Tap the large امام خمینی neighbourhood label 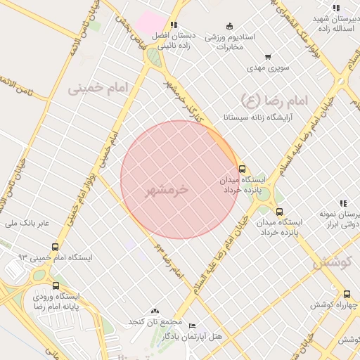coord(101,88)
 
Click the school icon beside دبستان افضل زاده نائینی coord(174,25)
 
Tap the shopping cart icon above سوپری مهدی coord(268,57)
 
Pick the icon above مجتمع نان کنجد coord(155,311)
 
